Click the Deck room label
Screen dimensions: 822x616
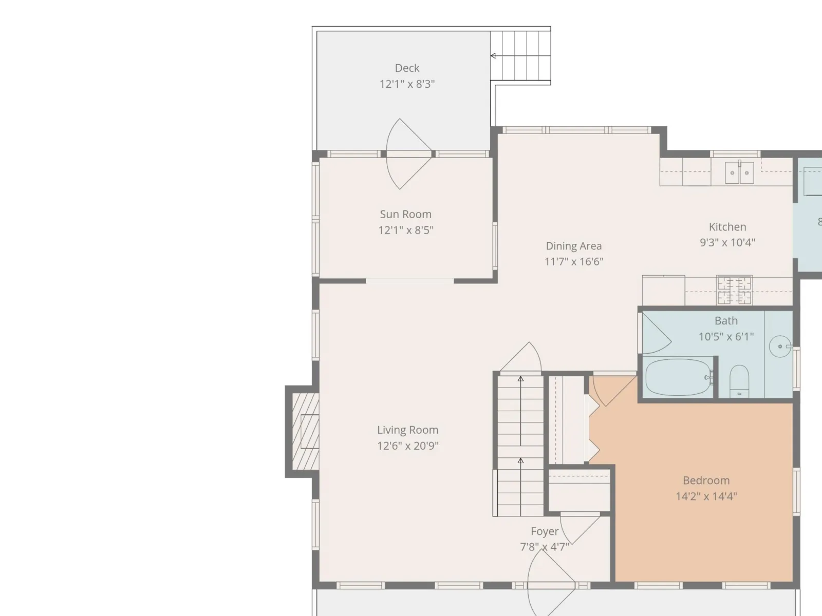[x=407, y=68]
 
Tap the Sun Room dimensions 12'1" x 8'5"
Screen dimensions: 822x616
[x=406, y=230]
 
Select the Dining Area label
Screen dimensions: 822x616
[x=574, y=246]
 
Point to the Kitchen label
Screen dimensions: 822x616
[x=727, y=227]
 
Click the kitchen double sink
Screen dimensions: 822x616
[x=739, y=172]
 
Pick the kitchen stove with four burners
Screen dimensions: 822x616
[x=734, y=290]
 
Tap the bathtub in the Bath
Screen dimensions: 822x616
[x=678, y=377]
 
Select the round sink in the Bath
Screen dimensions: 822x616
[x=780, y=346]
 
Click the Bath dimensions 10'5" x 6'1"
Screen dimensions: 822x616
[x=726, y=337]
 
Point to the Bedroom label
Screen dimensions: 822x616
[x=706, y=480]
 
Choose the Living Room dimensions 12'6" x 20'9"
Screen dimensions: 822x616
[x=408, y=446]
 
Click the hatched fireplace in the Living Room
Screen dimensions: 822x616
[x=305, y=432]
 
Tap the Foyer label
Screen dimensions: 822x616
[x=545, y=531]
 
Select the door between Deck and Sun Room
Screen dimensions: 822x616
[x=409, y=153]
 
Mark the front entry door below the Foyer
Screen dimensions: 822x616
[x=551, y=584]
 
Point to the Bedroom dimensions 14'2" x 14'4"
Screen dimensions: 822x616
[x=706, y=496]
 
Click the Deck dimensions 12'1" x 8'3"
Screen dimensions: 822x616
[x=407, y=84]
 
